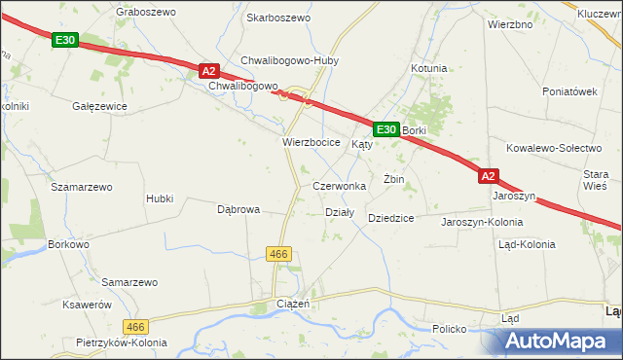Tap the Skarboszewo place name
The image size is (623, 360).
point(278,18)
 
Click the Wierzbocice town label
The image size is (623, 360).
point(311,142)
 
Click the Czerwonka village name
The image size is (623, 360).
point(339,185)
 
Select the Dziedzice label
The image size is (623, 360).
point(391,219)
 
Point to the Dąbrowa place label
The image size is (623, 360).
point(238,209)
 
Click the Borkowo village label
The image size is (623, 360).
point(68,245)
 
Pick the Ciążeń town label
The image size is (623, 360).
point(293,305)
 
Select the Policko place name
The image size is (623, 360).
point(450,330)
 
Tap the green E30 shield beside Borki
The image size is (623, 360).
point(386,128)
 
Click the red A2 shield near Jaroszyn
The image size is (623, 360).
point(489,176)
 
